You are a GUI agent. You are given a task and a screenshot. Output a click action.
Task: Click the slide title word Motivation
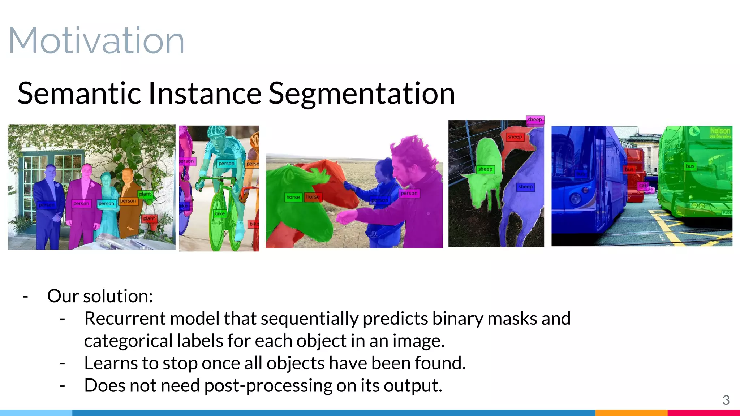pyautogui.click(x=96, y=41)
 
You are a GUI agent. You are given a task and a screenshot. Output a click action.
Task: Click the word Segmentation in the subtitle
pyautogui.click(x=361, y=94)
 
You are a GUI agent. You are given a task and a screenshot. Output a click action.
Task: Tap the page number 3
pyautogui.click(x=726, y=400)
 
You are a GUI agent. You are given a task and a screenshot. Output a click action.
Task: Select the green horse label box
pyautogui.click(x=293, y=197)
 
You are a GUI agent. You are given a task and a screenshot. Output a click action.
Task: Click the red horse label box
pyautogui.click(x=313, y=197)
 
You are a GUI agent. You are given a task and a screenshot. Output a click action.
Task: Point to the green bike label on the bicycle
pyautogui.click(x=220, y=213)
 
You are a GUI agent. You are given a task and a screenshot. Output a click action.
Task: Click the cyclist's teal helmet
pyautogui.click(x=217, y=132)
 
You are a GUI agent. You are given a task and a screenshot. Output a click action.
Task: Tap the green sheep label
pyautogui.click(x=485, y=169)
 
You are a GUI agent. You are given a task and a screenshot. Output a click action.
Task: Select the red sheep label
pyautogui.click(x=515, y=137)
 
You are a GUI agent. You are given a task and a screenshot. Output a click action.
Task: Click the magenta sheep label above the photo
pyautogui.click(x=535, y=120)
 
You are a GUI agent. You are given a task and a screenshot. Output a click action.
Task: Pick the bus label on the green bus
pyautogui.click(x=690, y=166)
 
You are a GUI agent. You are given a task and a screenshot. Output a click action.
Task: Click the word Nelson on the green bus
pyautogui.click(x=720, y=130)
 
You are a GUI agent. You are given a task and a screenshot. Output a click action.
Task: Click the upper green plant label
pyautogui.click(x=145, y=194)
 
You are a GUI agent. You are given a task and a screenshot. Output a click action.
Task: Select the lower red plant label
pyautogui.click(x=149, y=218)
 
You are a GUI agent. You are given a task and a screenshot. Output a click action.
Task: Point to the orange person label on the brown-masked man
pyautogui.click(x=128, y=201)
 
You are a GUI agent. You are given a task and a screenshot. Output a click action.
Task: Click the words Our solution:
pyautogui.click(x=100, y=296)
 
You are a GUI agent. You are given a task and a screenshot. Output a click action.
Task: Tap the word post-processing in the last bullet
pyautogui.click(x=268, y=386)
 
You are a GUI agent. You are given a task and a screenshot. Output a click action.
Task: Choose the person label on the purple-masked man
pyautogui.click(x=409, y=193)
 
